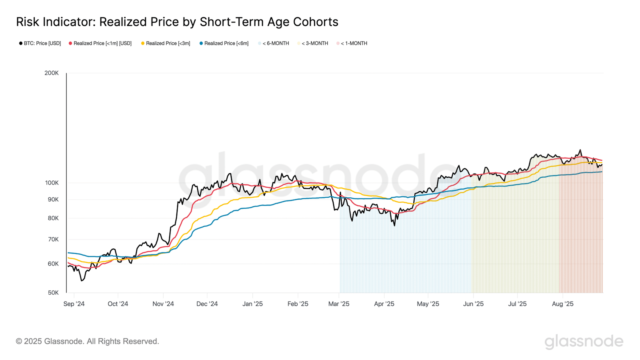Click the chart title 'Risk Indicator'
(x=177, y=22)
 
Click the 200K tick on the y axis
(x=52, y=73)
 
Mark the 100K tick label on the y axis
(x=52, y=183)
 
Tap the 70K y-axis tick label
(x=53, y=239)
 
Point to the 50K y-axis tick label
(x=53, y=292)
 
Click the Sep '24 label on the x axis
(x=74, y=304)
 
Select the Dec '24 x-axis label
(x=207, y=304)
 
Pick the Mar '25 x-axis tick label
(x=339, y=304)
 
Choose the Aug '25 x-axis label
(x=562, y=304)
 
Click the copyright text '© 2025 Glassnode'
(x=87, y=341)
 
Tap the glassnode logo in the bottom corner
(x=584, y=341)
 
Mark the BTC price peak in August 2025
(x=580, y=150)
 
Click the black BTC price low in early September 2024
(x=82, y=280)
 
